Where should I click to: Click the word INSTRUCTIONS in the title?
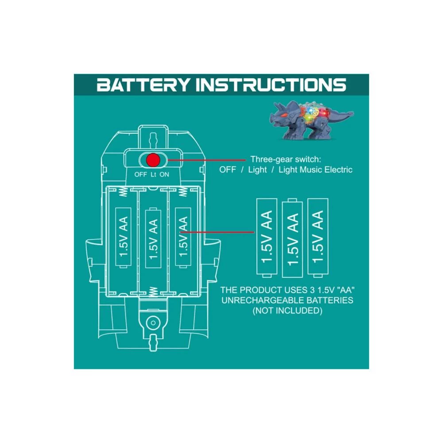(271, 84)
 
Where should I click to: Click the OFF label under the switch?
(140, 175)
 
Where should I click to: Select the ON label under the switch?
(164, 175)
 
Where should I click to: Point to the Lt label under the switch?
(153, 175)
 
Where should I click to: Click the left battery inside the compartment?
(124, 237)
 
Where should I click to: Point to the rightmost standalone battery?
(318, 237)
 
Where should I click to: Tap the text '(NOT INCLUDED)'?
(287, 311)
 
